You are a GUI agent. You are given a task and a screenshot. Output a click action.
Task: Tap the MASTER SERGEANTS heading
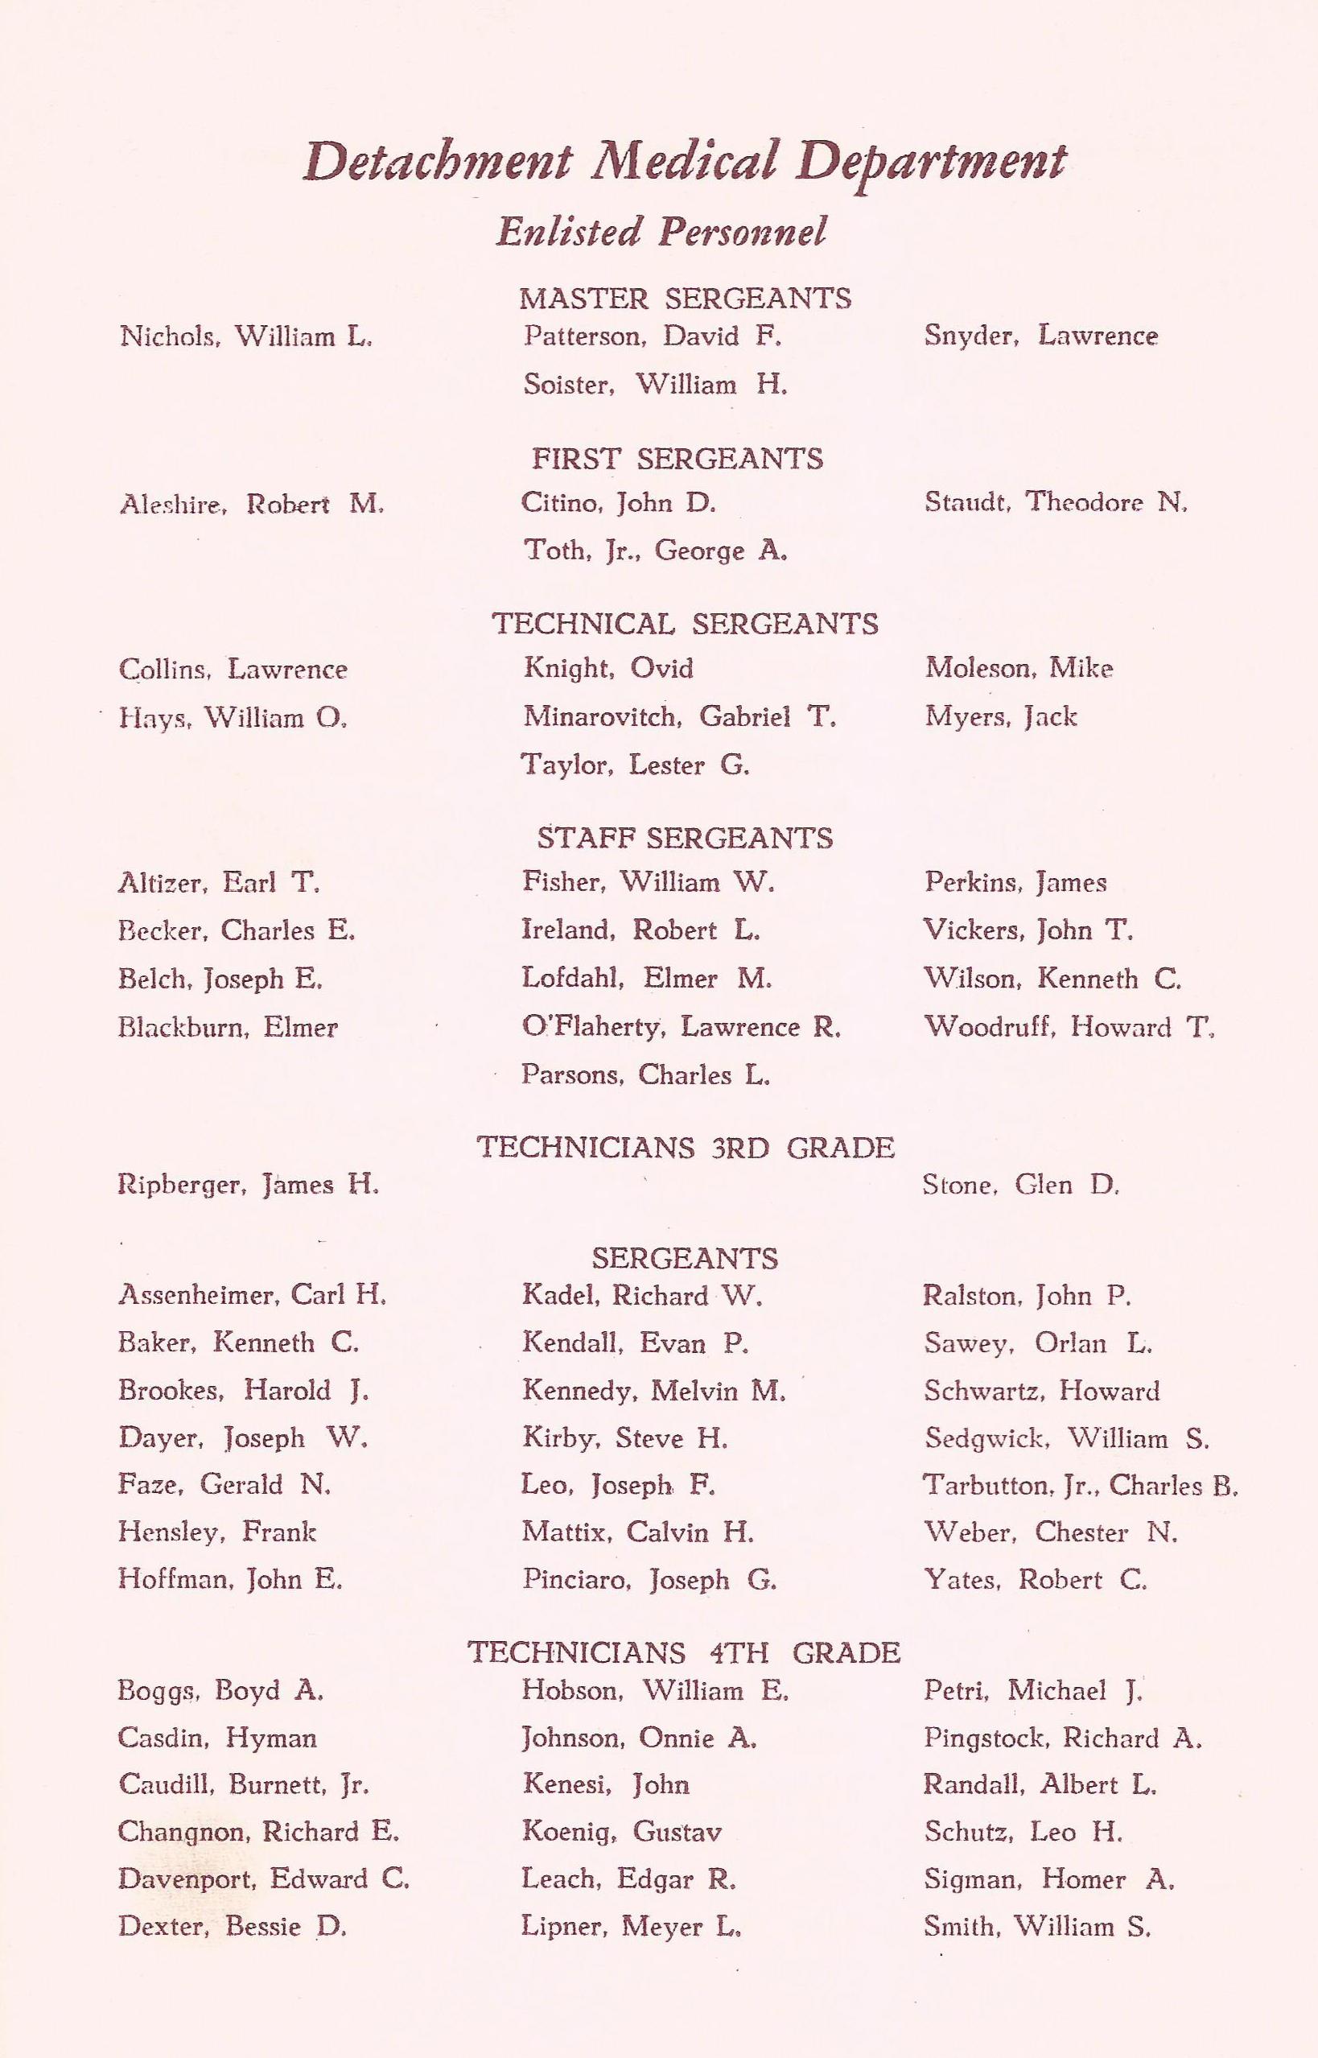pos(685,299)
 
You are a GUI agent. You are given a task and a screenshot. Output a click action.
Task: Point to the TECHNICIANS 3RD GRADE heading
pos(685,1147)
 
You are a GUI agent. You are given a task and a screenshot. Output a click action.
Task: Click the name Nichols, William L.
pos(246,336)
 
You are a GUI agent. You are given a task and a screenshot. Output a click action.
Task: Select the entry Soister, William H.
pos(655,385)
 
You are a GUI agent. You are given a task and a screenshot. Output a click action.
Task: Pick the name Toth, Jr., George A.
pos(655,551)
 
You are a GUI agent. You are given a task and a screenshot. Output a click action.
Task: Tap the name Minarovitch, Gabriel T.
pos(680,716)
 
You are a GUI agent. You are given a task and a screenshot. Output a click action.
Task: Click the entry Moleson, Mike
pos(1019,668)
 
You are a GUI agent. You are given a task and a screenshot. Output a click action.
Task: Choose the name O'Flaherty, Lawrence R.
pos(682,1026)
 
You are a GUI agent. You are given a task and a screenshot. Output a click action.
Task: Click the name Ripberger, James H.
pos(248,1185)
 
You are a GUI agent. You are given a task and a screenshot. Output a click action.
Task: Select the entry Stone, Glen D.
pos(1021,1185)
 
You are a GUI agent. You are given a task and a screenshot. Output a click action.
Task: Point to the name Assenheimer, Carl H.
pos(253,1294)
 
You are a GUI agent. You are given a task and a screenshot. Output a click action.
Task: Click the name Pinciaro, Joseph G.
pos(649,1579)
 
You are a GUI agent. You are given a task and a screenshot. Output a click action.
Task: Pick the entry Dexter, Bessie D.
pos(232,1926)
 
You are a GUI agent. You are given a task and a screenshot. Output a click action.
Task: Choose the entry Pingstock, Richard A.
pos(1063,1737)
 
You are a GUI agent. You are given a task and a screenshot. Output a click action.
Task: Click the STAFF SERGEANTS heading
pos(685,837)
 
